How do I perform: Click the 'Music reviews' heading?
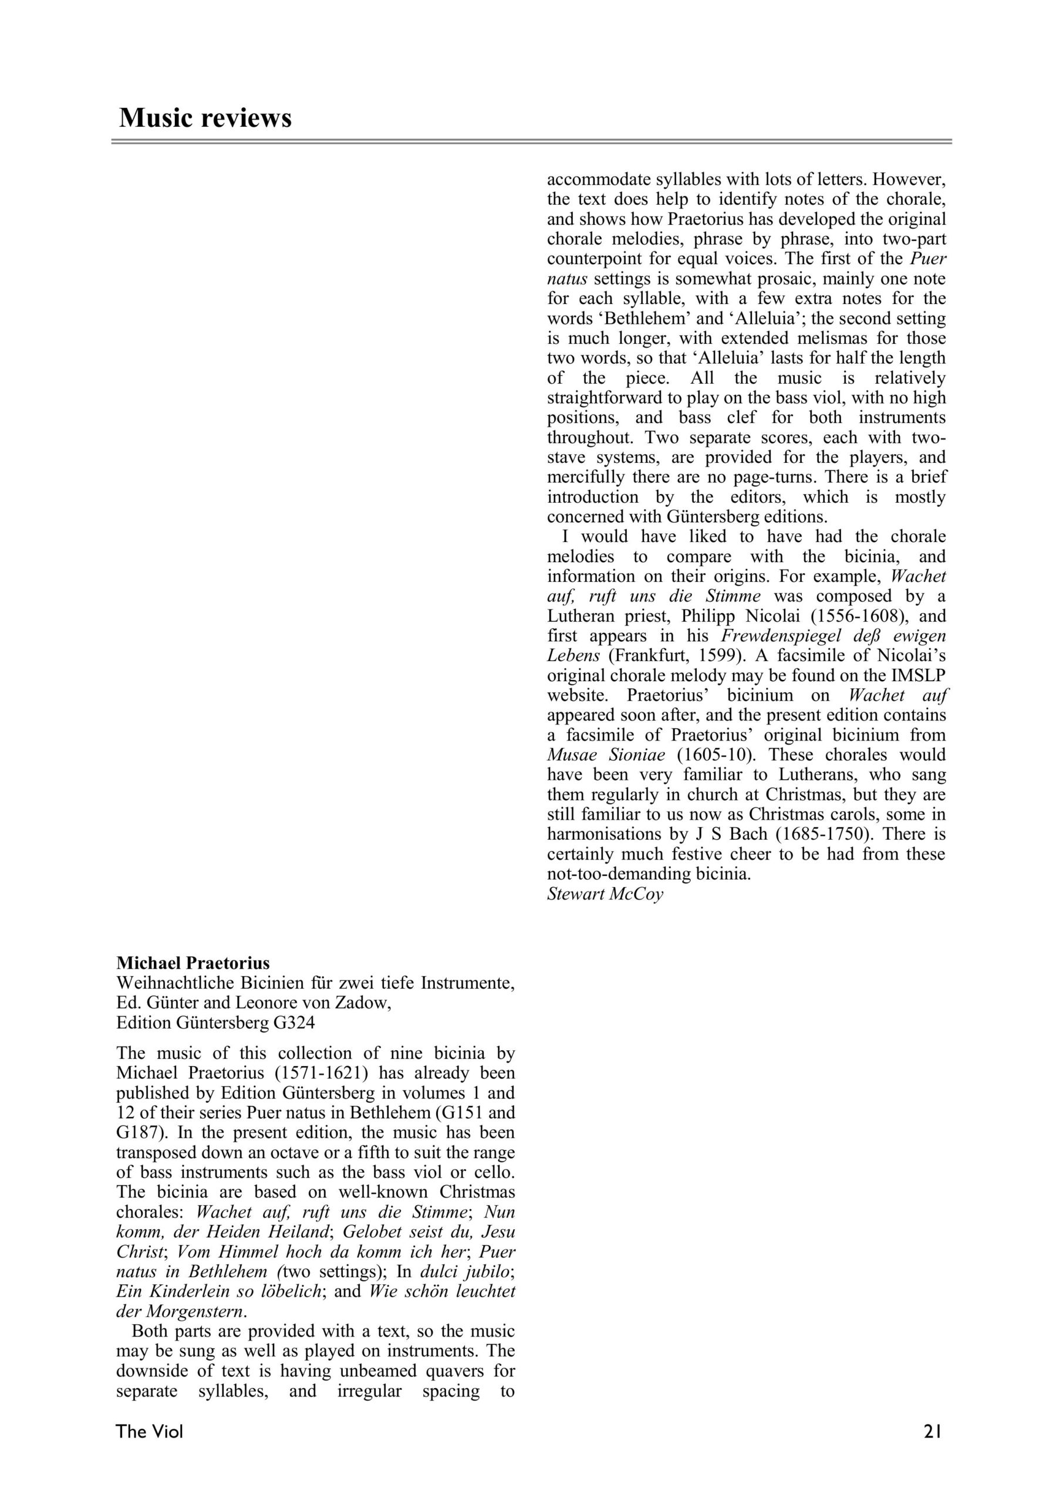[205, 119]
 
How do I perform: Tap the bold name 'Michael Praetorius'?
[193, 963]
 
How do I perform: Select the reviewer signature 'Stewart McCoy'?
[605, 894]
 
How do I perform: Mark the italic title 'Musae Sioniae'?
[606, 755]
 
